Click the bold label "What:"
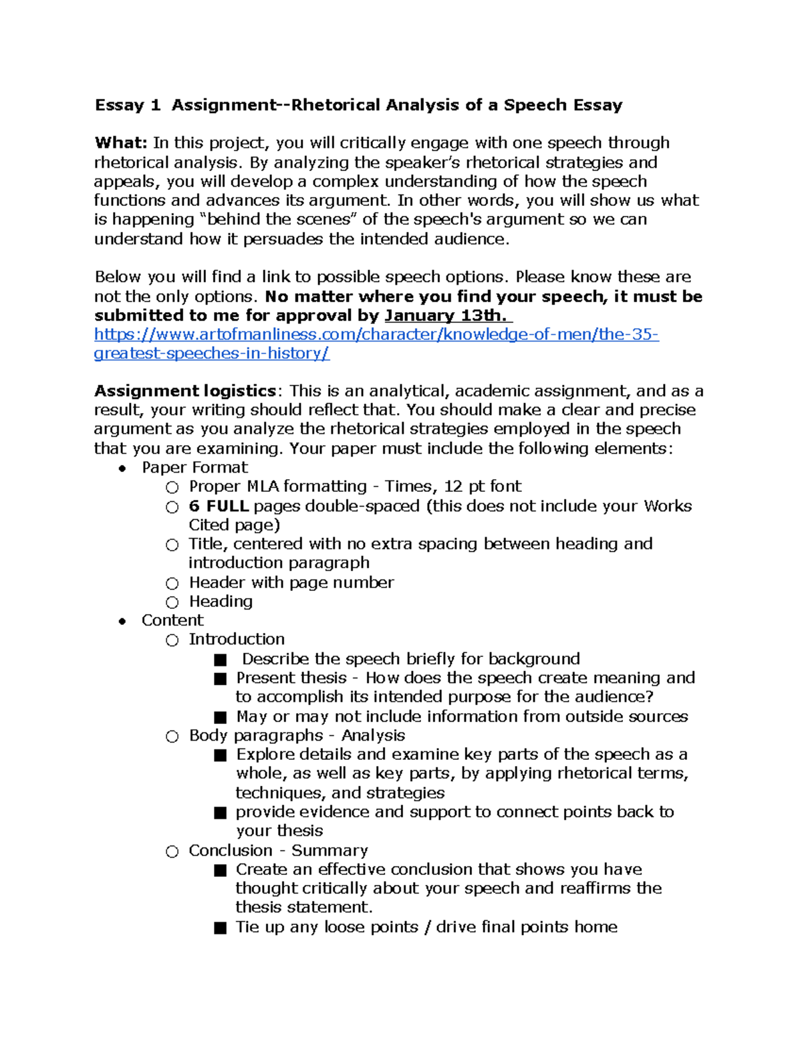click(x=121, y=143)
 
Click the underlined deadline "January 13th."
click(x=445, y=315)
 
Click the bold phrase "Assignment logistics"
click(x=185, y=391)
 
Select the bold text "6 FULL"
click(x=219, y=506)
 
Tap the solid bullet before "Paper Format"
click(x=122, y=469)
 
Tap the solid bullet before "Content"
click(x=122, y=621)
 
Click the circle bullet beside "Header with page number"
click(x=172, y=583)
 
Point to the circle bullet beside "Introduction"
click(x=172, y=640)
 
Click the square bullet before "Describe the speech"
click(x=220, y=660)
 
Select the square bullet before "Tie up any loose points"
click(x=220, y=928)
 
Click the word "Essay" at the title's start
click(x=119, y=105)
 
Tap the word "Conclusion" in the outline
click(x=231, y=850)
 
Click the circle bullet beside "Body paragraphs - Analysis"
click(x=172, y=737)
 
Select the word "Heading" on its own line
click(x=221, y=602)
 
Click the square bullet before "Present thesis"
click(x=220, y=679)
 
